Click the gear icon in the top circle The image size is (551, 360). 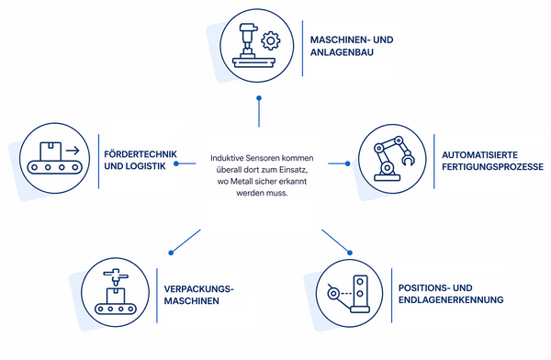(x=271, y=40)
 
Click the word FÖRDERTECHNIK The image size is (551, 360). (x=141, y=154)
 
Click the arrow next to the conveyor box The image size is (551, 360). (x=73, y=151)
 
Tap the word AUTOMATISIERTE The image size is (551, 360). (x=479, y=155)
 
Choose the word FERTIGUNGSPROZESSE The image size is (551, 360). (x=492, y=166)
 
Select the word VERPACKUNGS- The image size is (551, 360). (x=199, y=289)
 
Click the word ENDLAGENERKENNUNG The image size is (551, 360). (x=451, y=300)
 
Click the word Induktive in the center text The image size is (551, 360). (x=227, y=158)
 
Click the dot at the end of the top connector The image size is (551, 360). (x=259, y=98)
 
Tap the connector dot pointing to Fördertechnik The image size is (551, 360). (x=176, y=163)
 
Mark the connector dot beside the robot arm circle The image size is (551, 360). (x=347, y=163)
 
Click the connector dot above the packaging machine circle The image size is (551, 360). (x=171, y=253)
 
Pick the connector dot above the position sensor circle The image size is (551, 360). (x=350, y=253)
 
